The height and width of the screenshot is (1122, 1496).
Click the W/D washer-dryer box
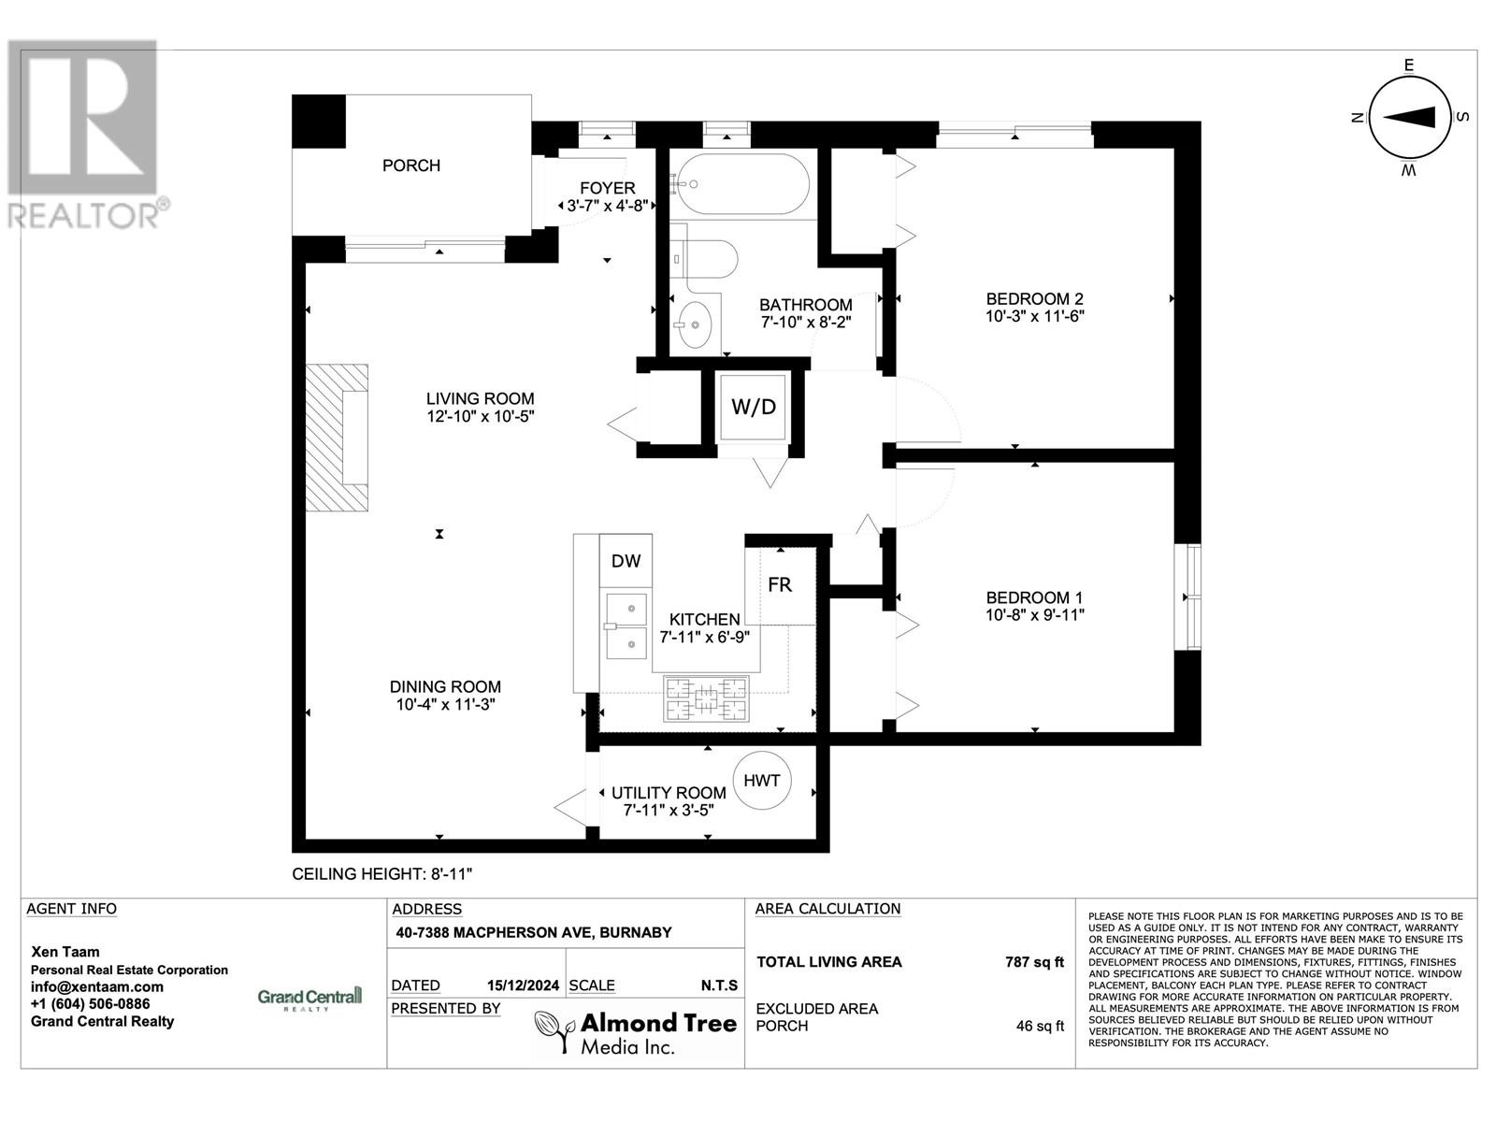[x=754, y=408]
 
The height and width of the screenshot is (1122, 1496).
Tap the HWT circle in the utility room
[x=762, y=781]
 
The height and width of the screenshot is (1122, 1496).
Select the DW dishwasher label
[x=626, y=561]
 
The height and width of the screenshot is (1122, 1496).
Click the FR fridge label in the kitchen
[x=780, y=585]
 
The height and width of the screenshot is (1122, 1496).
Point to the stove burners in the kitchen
[x=706, y=698]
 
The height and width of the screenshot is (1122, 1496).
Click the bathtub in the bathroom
[x=743, y=184]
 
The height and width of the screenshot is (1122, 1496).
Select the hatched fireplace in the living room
[x=337, y=438]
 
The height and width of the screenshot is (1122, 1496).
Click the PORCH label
[x=410, y=165]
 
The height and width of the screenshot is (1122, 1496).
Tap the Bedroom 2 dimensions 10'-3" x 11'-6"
[x=1034, y=316]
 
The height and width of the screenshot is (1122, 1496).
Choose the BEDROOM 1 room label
[x=1034, y=597]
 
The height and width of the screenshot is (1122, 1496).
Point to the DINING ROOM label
[x=445, y=686]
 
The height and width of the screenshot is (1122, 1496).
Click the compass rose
[x=1408, y=118]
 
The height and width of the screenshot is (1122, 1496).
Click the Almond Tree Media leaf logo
[x=552, y=1032]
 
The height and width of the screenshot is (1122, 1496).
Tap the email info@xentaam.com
[x=96, y=986]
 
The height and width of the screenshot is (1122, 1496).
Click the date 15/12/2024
[x=523, y=985]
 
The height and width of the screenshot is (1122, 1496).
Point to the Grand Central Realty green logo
[x=309, y=999]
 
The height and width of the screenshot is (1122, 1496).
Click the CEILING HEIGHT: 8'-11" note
[x=382, y=874]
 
